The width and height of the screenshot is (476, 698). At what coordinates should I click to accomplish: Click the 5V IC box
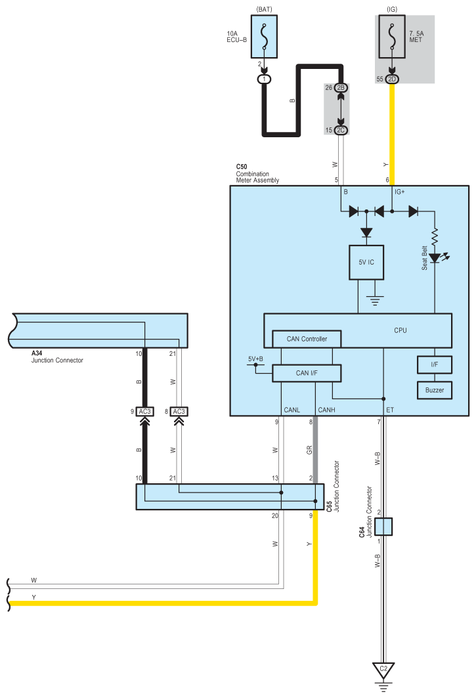[366, 262]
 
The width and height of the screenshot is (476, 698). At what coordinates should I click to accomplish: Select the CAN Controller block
[307, 339]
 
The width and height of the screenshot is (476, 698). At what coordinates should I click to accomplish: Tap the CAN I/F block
[307, 373]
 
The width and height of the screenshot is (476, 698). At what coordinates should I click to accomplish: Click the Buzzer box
[435, 390]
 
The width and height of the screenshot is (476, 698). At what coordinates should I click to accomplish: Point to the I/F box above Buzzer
[435, 364]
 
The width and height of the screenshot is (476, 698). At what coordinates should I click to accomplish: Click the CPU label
[400, 330]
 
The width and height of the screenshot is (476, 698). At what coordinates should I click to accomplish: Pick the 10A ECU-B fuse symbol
[264, 37]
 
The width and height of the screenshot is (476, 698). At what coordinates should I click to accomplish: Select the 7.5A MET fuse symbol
[392, 37]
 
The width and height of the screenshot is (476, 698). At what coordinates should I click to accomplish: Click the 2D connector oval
[392, 79]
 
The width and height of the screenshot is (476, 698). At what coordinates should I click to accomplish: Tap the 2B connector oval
[341, 88]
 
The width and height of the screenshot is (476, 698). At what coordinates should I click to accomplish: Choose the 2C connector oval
[341, 131]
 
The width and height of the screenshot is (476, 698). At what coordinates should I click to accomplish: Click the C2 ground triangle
[383, 670]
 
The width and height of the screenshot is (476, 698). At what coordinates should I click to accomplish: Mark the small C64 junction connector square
[383, 527]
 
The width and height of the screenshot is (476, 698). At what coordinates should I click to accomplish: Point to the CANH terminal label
[326, 410]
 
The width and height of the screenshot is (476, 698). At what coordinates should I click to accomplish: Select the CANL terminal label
[292, 410]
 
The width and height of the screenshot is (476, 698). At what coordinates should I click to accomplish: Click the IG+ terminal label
[399, 192]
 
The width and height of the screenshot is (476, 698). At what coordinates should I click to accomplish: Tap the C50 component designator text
[242, 167]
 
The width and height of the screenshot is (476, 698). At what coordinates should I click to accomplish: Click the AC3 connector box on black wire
[144, 412]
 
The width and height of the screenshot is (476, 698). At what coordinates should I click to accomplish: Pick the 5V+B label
[255, 359]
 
